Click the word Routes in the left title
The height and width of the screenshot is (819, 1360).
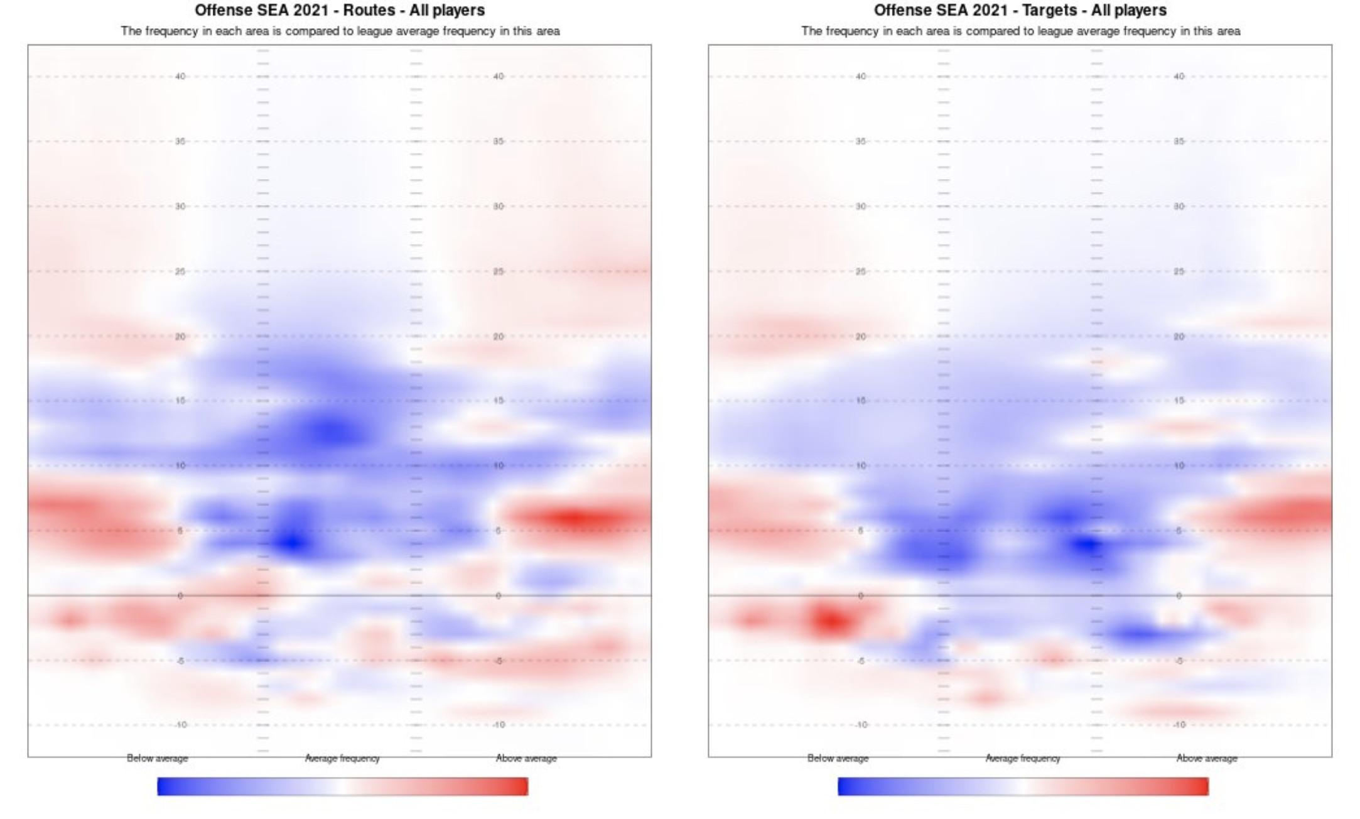[x=366, y=10]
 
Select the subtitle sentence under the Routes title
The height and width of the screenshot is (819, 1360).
[x=340, y=31]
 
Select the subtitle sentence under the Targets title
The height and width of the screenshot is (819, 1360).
[x=1020, y=31]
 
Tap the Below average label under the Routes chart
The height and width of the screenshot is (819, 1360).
[x=157, y=758]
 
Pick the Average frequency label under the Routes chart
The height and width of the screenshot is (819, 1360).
[x=342, y=758]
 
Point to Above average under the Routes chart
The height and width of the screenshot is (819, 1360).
[x=526, y=758]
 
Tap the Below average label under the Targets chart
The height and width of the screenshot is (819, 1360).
[x=838, y=758]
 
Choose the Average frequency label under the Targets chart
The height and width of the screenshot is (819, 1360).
[x=1023, y=758]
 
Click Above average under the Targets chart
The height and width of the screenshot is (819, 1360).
[x=1207, y=758]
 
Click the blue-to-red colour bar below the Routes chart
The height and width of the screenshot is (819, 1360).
[x=342, y=786]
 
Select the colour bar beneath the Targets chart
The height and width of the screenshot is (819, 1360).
[x=1023, y=786]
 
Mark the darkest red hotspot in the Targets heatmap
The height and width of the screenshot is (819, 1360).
[x=830, y=621]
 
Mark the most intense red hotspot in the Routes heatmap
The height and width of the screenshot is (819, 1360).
[x=576, y=518]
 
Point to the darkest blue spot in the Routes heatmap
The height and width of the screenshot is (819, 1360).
[x=291, y=542]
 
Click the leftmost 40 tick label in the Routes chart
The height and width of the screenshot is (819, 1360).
[x=180, y=77]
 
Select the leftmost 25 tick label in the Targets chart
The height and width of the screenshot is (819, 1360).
[x=861, y=271]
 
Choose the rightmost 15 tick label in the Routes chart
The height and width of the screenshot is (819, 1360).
[x=499, y=401]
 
